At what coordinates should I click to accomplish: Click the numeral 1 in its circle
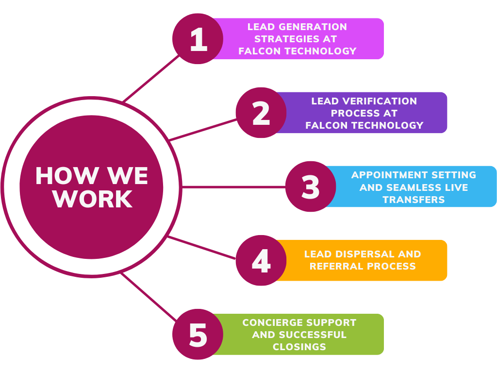[x=199, y=39]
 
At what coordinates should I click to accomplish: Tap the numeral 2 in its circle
[x=261, y=113]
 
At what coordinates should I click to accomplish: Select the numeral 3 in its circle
[x=311, y=187]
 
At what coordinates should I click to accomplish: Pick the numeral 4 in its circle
[x=261, y=261]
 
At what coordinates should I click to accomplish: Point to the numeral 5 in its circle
[x=198, y=335]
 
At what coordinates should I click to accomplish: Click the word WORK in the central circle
[x=93, y=199]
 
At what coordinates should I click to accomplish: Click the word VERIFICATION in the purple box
[x=380, y=101]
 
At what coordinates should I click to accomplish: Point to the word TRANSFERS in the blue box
[x=414, y=200]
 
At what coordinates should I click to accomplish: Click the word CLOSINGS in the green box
[x=299, y=347]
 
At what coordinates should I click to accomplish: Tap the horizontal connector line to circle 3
[x=234, y=187]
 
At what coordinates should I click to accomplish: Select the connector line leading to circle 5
[x=149, y=297]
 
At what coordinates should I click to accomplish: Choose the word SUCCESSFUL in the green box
[x=313, y=335]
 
